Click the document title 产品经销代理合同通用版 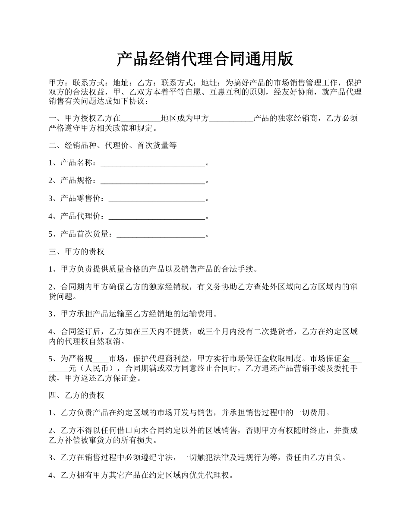[x=205, y=59]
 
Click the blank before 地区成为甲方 [x=140, y=119]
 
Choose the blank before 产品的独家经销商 [x=231, y=119]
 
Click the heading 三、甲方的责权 [x=76, y=252]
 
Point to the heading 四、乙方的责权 [x=76, y=395]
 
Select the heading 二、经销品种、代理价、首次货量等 [x=113, y=145]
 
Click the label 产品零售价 [x=82, y=199]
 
